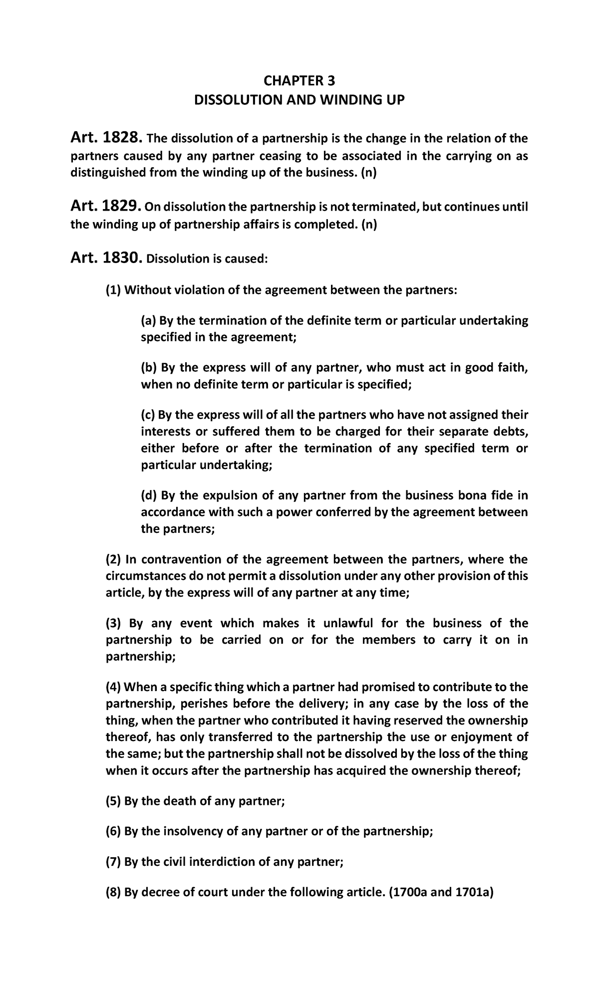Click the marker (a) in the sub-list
tap(148, 320)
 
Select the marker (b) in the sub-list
tap(149, 368)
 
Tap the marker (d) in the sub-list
tap(149, 495)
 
